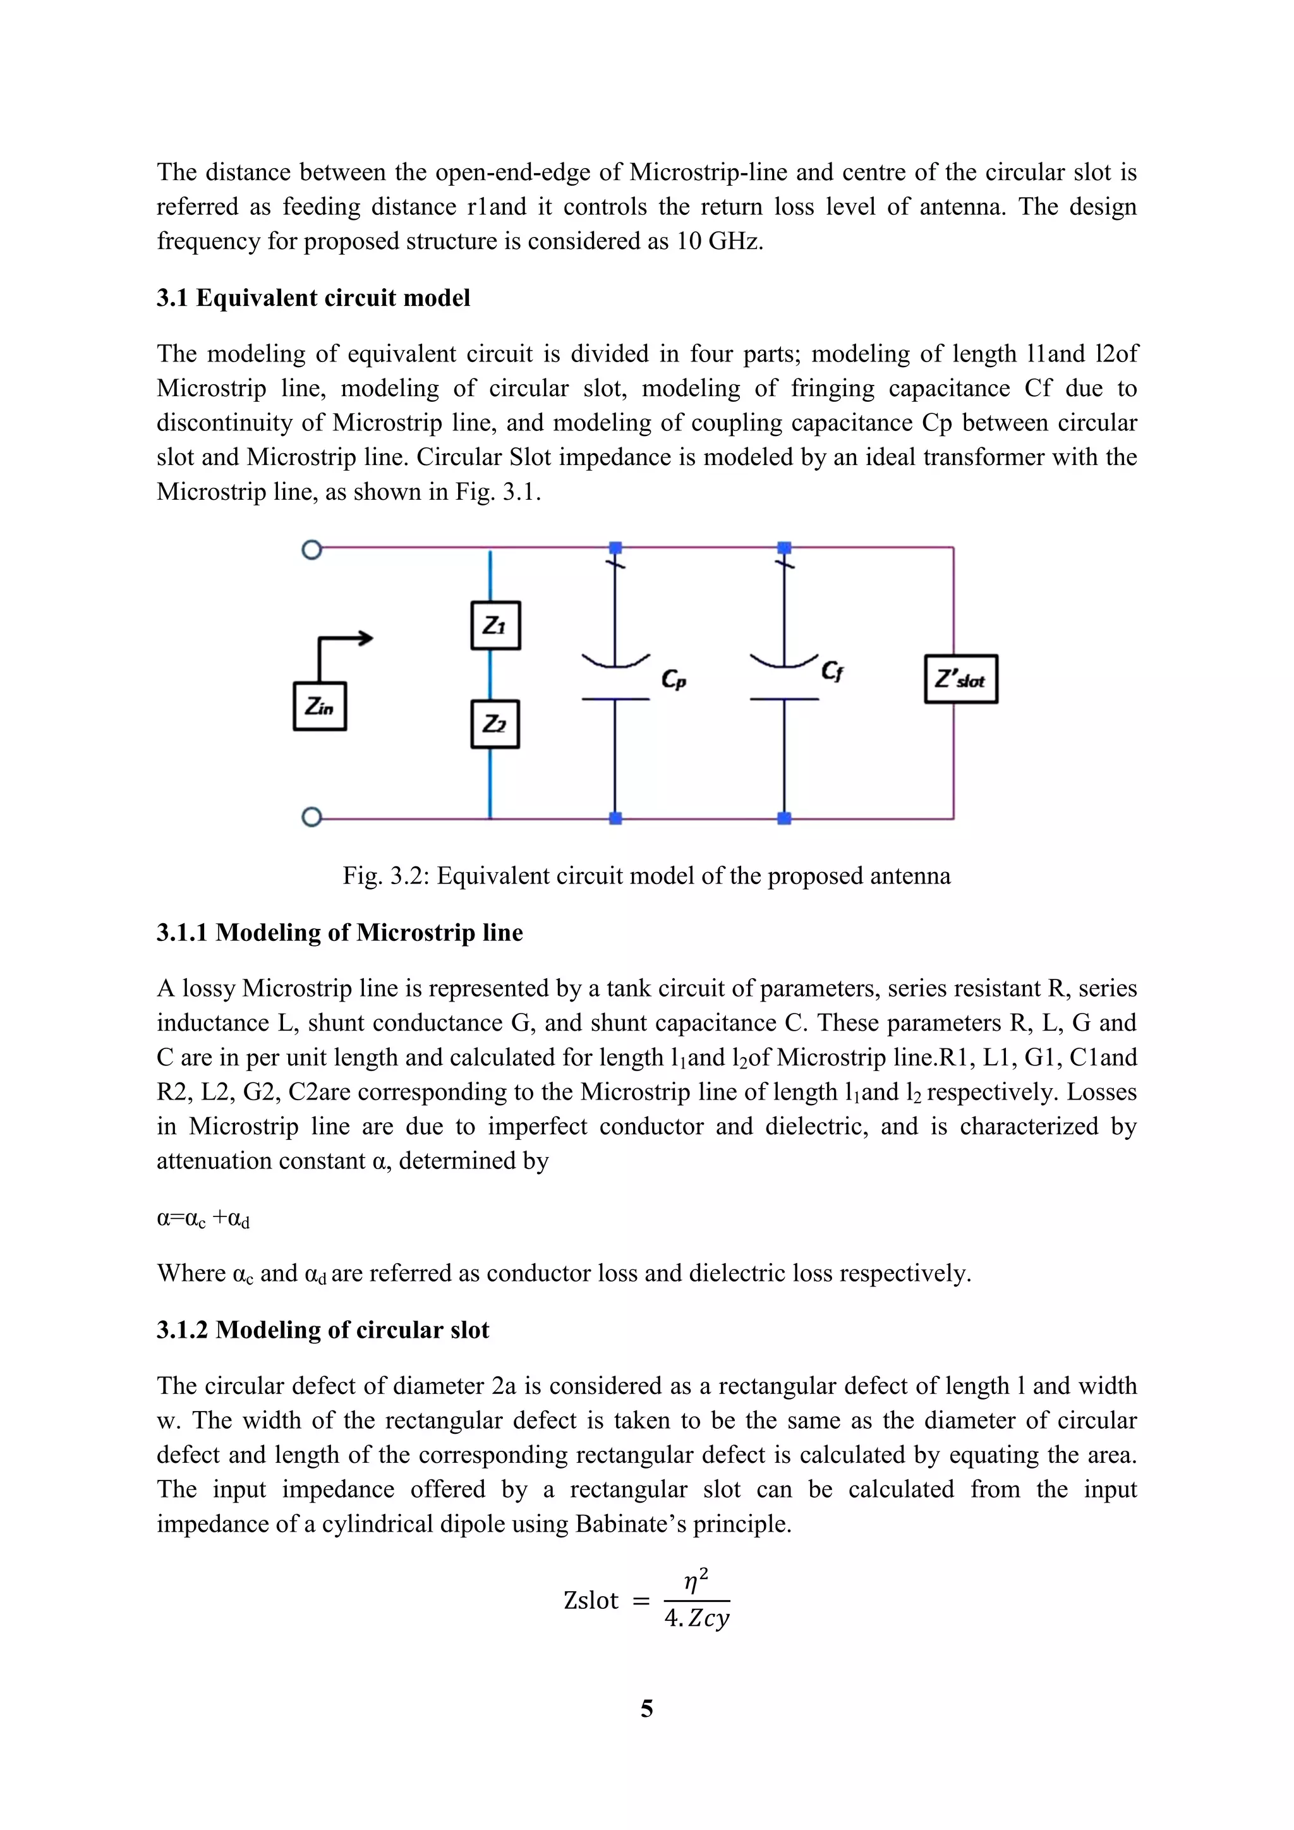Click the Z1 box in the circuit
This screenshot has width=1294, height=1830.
pyautogui.click(x=495, y=626)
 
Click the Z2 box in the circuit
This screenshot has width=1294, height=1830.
pyautogui.click(x=495, y=724)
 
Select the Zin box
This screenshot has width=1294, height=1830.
pyautogui.click(x=320, y=706)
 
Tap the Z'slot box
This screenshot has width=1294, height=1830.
pyautogui.click(x=961, y=679)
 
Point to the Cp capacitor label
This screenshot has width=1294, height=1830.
pyautogui.click(x=674, y=679)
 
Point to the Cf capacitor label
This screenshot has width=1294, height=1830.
pyautogui.click(x=832, y=671)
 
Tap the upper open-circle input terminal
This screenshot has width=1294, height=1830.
pyautogui.click(x=311, y=550)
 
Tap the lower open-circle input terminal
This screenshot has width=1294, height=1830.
pyautogui.click(x=311, y=818)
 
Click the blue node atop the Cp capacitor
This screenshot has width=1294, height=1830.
pyautogui.click(x=615, y=548)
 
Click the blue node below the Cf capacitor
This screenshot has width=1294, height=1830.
pyautogui.click(x=784, y=818)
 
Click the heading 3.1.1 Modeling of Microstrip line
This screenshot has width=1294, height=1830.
pyautogui.click(x=339, y=933)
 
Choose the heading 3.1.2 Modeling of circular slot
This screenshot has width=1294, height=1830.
pyautogui.click(x=323, y=1330)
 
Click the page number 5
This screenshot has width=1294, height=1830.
pyautogui.click(x=647, y=1708)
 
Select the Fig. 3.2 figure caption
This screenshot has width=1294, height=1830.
pyautogui.click(x=646, y=876)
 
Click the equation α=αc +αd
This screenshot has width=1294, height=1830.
pyautogui.click(x=203, y=1219)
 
